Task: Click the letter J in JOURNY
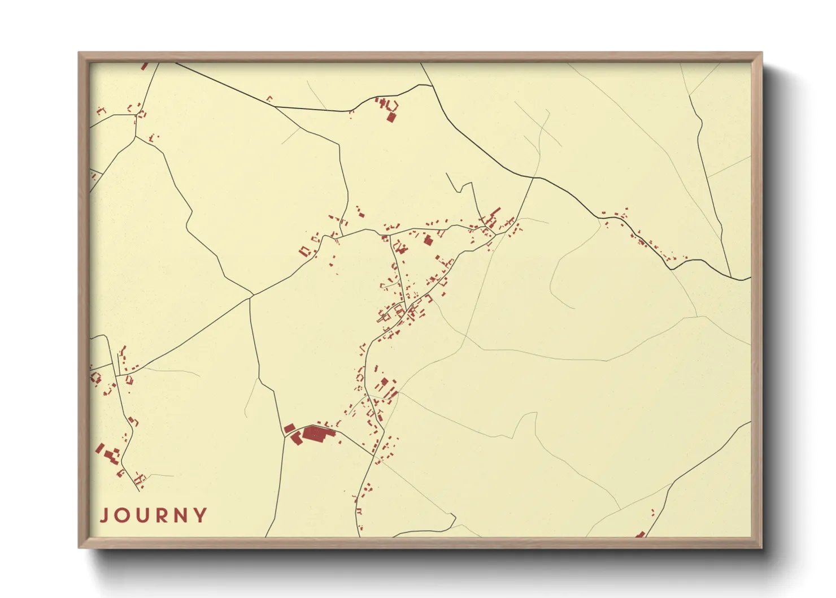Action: click(x=104, y=515)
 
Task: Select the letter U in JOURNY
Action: click(x=143, y=515)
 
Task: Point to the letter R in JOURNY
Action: click(x=163, y=515)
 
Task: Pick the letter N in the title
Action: click(x=182, y=515)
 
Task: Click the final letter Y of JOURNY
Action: click(x=201, y=515)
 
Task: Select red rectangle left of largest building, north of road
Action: click(x=289, y=428)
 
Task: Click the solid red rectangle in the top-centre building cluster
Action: click(x=390, y=117)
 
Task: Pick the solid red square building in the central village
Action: click(x=428, y=240)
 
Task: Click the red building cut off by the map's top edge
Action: click(x=144, y=66)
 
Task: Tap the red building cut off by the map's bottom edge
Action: click(x=640, y=534)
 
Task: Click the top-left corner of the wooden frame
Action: click(x=79, y=53)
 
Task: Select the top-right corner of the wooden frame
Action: click(x=761, y=53)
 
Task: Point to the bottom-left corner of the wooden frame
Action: click(x=79, y=547)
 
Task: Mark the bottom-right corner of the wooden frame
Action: click(x=761, y=547)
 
